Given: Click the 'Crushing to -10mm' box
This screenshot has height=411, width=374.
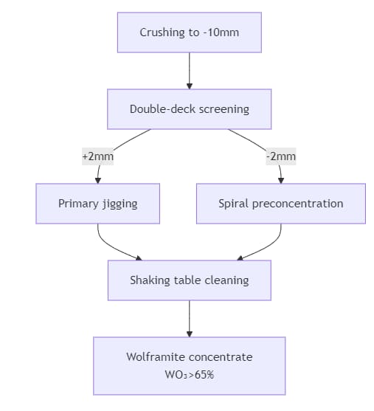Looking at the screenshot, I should coord(190,32).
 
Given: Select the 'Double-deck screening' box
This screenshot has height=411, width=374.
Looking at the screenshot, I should coord(190,109).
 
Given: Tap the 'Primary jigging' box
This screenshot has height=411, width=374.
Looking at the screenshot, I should coord(97,204).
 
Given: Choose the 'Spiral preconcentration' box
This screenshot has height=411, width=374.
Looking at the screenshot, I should coord(280,204).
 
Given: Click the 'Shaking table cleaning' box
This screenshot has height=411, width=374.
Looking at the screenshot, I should coord(190,280).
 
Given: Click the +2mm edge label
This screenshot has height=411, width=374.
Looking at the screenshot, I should coord(97,156).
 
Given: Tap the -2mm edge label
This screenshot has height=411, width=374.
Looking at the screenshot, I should coord(280,156).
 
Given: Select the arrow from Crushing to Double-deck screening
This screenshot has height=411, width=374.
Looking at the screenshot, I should coord(190,70).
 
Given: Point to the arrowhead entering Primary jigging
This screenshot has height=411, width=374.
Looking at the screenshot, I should coord(97,179).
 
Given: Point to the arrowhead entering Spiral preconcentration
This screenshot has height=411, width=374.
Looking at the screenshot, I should coord(280,179).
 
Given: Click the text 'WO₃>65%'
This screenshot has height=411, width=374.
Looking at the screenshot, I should coord(190,375).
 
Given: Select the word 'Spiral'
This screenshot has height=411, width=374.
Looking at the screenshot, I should coord(234,204).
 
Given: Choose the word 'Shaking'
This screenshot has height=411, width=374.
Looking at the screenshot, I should coord(150,280).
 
